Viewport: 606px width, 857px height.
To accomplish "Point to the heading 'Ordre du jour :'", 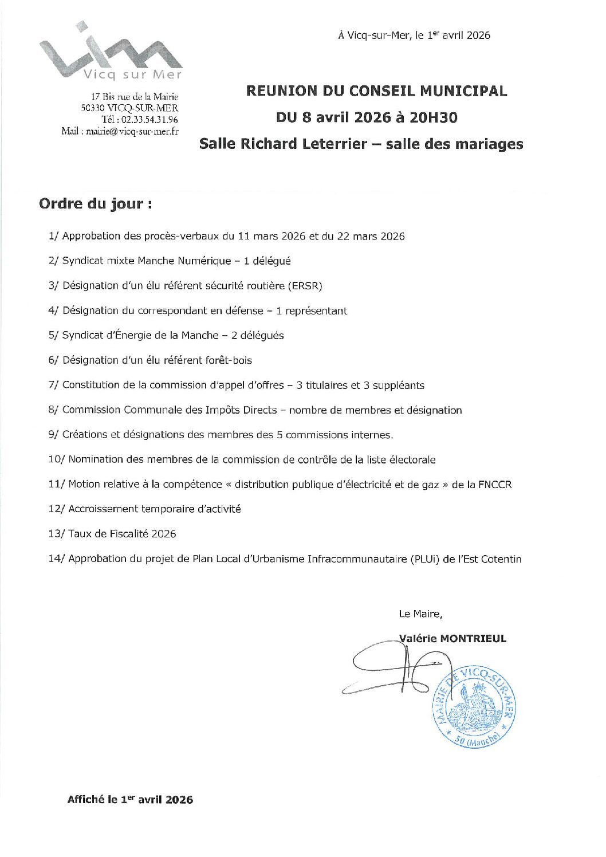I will coord(96,204).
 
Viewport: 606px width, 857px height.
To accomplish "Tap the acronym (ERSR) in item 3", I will coord(305,286).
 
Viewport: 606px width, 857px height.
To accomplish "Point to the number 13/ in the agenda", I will coord(56,534).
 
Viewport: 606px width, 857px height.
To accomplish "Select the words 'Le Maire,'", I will coord(420,614).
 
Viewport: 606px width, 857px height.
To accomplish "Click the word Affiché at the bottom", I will coord(86,800).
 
